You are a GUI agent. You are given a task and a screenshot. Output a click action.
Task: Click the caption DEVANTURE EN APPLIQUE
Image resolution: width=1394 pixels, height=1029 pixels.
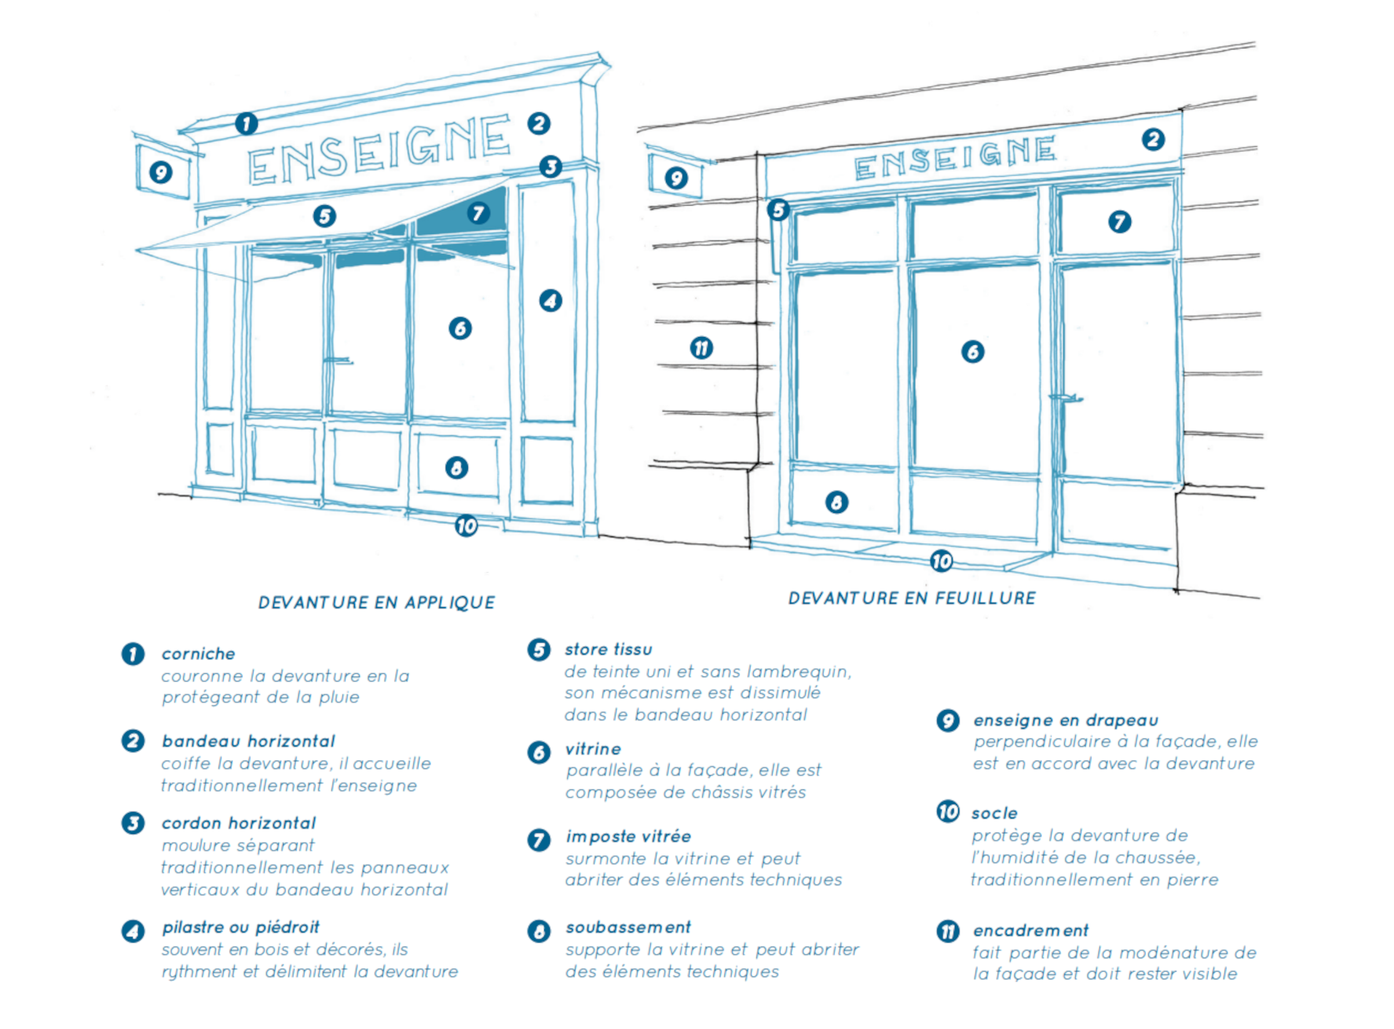click(x=376, y=602)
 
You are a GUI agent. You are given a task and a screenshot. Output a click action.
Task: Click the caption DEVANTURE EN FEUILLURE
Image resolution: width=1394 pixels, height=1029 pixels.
click(x=912, y=598)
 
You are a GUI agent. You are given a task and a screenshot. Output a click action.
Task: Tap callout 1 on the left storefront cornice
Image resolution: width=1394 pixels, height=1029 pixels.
click(x=247, y=123)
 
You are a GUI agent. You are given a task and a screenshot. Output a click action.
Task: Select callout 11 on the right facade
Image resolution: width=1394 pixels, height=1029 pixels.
click(x=701, y=347)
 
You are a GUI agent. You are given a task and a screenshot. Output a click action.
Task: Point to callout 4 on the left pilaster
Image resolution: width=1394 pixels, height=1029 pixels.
click(x=551, y=300)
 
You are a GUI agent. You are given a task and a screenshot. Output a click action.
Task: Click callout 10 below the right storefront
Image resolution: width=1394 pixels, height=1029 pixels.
click(x=941, y=561)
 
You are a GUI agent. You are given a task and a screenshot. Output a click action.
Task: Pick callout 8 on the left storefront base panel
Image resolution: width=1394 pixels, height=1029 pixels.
click(x=456, y=468)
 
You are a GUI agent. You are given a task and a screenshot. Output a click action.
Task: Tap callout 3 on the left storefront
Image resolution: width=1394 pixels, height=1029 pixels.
click(x=551, y=167)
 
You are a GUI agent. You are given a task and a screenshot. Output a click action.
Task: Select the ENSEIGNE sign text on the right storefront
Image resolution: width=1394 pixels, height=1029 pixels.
click(x=955, y=157)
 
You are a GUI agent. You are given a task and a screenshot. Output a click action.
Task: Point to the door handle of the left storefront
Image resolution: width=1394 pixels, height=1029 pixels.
click(x=338, y=361)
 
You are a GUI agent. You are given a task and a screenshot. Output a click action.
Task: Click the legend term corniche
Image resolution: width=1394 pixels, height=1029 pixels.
click(x=199, y=654)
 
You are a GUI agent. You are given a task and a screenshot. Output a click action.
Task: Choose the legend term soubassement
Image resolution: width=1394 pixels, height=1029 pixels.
click(x=628, y=928)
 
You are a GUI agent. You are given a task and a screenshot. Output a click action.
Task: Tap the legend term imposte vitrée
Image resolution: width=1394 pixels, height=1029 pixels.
click(x=628, y=837)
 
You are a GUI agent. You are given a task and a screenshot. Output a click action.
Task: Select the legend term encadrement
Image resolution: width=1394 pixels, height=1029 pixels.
click(x=1030, y=931)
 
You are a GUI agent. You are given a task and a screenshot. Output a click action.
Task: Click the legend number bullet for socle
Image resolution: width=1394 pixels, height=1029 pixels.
click(x=948, y=811)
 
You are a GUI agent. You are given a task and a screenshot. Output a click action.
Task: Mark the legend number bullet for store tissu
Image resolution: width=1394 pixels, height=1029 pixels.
click(x=539, y=650)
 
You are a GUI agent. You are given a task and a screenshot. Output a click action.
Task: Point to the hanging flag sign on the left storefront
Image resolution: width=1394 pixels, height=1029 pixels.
click(x=162, y=172)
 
